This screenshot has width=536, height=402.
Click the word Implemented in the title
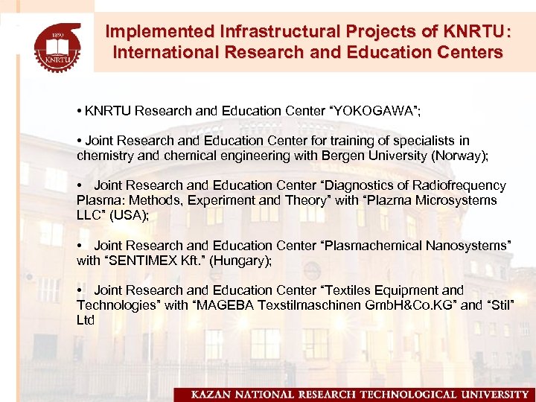(150, 32)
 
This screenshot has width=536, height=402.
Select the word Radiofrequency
(461, 185)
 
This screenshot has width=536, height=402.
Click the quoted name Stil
(503, 305)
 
